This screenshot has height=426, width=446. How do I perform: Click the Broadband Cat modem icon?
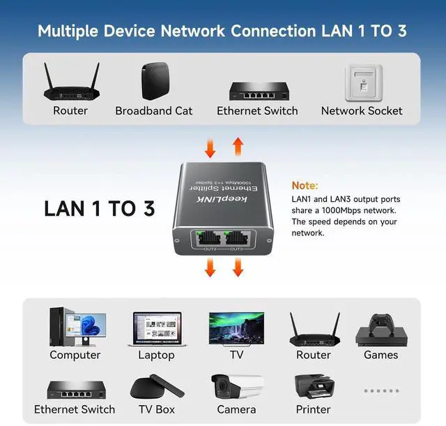(x=153, y=82)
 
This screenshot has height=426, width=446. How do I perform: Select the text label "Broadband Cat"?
(x=153, y=110)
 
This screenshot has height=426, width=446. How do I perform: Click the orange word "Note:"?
(x=305, y=186)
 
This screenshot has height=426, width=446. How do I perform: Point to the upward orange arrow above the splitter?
(x=238, y=147)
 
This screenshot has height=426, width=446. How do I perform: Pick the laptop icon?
(x=156, y=329)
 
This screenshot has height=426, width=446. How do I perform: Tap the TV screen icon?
(x=236, y=328)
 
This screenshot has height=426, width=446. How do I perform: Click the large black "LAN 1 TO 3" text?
(x=99, y=208)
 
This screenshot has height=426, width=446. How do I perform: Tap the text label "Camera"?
(x=236, y=410)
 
